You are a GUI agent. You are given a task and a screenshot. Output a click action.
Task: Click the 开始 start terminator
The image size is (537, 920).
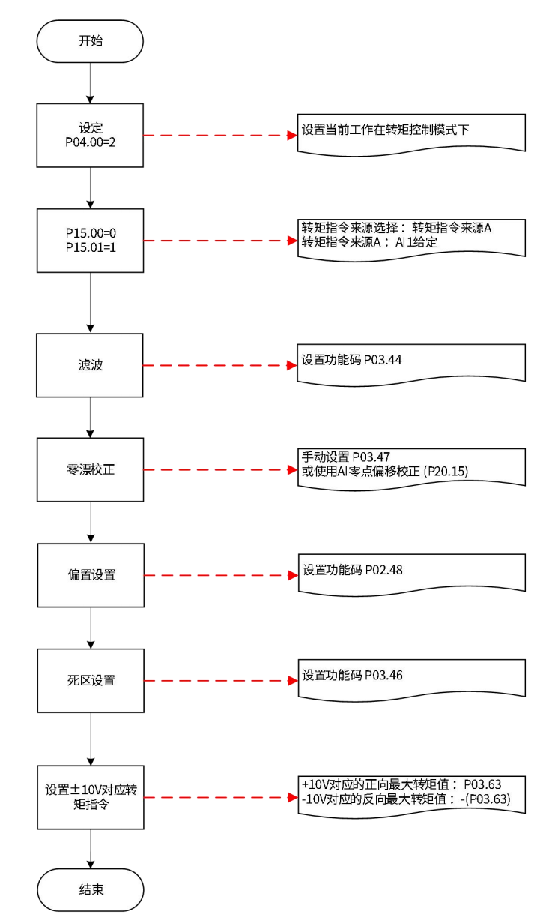click(91, 41)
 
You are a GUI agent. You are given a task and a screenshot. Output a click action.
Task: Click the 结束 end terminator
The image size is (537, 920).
click(91, 889)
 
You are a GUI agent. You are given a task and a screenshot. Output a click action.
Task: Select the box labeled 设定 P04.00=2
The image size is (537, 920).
click(91, 136)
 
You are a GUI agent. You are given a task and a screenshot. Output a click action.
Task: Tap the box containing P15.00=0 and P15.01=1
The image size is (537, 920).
click(91, 240)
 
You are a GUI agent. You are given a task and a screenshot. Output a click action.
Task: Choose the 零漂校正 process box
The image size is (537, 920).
click(91, 470)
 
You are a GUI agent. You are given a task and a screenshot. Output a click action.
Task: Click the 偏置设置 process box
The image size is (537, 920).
click(91, 575)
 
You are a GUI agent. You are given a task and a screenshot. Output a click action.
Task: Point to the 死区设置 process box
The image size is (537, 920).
click(91, 680)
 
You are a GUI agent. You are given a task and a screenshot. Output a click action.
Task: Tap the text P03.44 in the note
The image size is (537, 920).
click(383, 360)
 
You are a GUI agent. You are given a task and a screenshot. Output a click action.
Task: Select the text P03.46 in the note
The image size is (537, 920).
click(383, 675)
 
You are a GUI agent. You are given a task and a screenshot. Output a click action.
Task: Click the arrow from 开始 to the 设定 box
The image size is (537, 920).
click(91, 82)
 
